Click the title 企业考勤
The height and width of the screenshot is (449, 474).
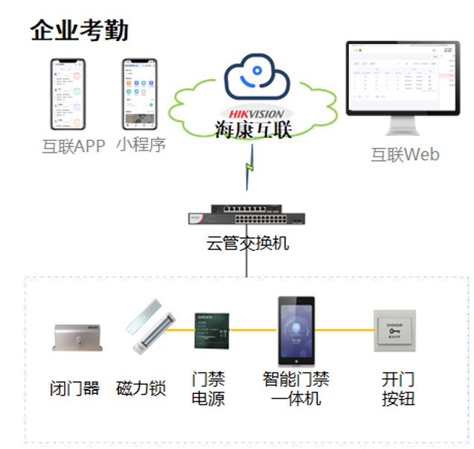click(x=80, y=31)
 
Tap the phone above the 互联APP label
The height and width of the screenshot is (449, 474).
click(x=68, y=95)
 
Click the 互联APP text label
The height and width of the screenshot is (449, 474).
click(x=73, y=145)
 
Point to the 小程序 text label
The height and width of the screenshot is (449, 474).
click(x=141, y=144)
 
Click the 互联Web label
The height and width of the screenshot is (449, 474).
click(x=405, y=155)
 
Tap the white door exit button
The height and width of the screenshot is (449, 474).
click(x=394, y=330)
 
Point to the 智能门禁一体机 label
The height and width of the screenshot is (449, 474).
click(x=295, y=389)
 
